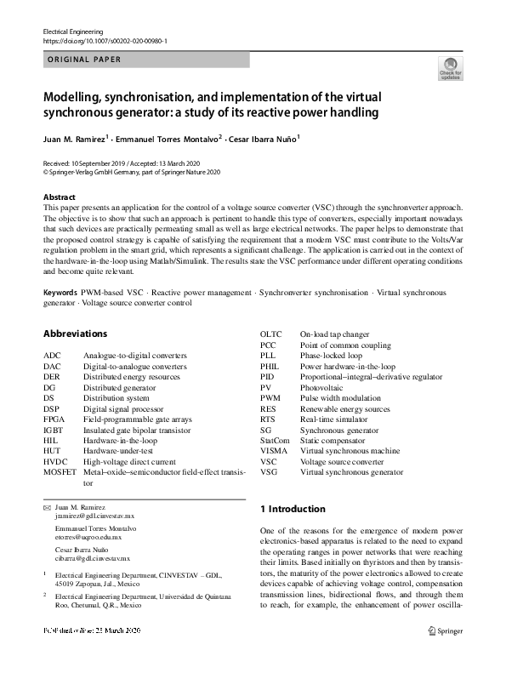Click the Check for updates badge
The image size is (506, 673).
(450, 68)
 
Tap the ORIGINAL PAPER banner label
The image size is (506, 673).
(82, 60)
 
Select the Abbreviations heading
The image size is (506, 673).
(75, 334)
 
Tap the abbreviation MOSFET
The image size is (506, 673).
(60, 471)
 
